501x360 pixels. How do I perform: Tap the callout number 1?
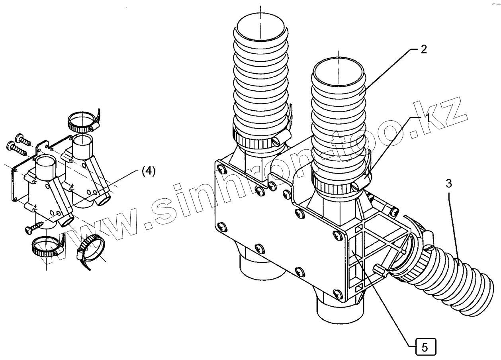point(426,118)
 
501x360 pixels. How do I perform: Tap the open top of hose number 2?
point(338,73)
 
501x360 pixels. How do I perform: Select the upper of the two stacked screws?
point(23,140)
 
